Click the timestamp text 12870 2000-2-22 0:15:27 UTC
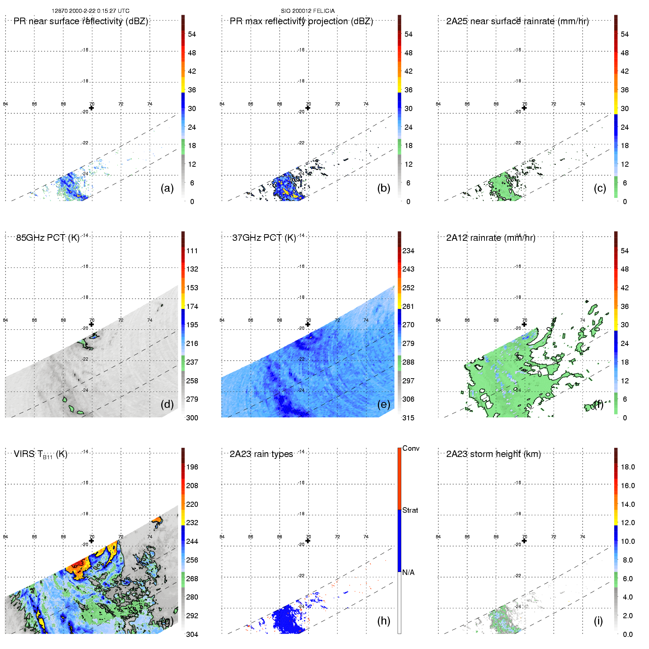pyautogui.click(x=91, y=11)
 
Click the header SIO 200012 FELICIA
pyautogui.click(x=308, y=11)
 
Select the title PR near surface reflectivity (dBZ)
pyautogui.click(x=81, y=21)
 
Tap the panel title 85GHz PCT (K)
pyautogui.click(x=48, y=238)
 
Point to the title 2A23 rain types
pyautogui.click(x=261, y=454)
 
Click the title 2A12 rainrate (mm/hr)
pyautogui.click(x=491, y=238)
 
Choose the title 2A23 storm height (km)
pyautogui.click(x=493, y=454)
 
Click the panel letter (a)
pyautogui.click(x=167, y=188)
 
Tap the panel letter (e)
pyautogui.click(x=384, y=404)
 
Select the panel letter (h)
pyautogui.click(x=384, y=620)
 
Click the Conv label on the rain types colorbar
pyautogui.click(x=411, y=448)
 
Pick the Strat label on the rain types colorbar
pyautogui.click(x=410, y=510)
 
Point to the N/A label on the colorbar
pyautogui.click(x=408, y=572)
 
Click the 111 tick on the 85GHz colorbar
pyautogui.click(x=192, y=251)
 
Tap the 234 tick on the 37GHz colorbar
pyautogui.click(x=408, y=251)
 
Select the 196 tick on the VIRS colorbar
pyautogui.click(x=192, y=467)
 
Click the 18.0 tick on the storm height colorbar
pyautogui.click(x=628, y=467)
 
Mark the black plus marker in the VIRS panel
pyautogui.click(x=92, y=541)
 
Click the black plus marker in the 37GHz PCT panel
pyautogui.click(x=308, y=324)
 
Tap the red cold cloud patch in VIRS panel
pyautogui.click(x=78, y=563)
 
